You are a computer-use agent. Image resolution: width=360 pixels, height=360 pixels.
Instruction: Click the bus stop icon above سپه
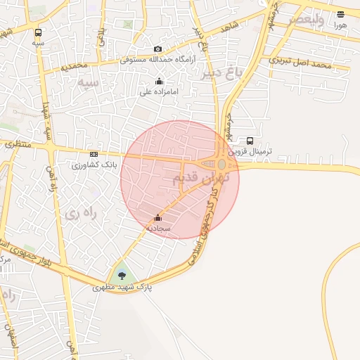(x=37, y=32)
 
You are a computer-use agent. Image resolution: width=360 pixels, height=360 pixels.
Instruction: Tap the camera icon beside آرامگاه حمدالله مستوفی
(x=157, y=49)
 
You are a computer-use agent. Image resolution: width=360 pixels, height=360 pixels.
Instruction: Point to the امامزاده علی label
(x=160, y=91)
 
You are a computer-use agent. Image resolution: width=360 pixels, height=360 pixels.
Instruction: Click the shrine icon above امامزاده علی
(x=160, y=81)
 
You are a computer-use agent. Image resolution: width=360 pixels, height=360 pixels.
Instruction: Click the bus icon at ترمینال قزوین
(x=250, y=140)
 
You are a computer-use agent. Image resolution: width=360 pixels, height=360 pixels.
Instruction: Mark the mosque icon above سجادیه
(x=157, y=218)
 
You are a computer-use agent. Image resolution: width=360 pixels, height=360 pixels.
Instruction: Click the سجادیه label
(x=158, y=229)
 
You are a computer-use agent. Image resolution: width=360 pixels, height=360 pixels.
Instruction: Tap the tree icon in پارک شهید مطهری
(x=122, y=276)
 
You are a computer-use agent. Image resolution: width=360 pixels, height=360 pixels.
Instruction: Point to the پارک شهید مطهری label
(x=122, y=288)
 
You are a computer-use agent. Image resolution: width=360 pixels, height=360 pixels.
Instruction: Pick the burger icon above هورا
(x=340, y=14)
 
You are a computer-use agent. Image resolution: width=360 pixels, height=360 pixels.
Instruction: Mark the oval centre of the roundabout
(x=221, y=165)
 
